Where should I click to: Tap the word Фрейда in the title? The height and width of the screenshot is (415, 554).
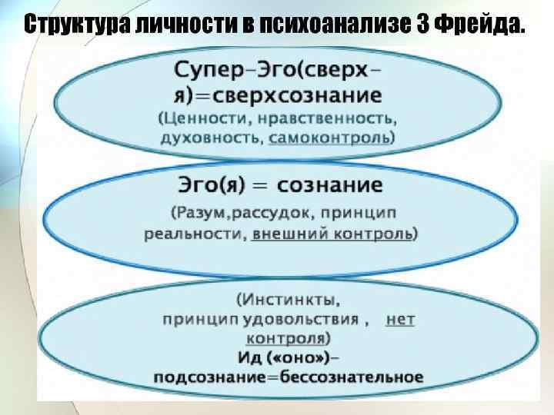pyautogui.click(x=477, y=25)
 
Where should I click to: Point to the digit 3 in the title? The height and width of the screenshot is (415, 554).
pyautogui.click(x=422, y=25)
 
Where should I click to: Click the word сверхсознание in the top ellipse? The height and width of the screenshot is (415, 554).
pyautogui.click(x=307, y=96)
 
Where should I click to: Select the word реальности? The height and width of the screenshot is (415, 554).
pyautogui.click(x=194, y=234)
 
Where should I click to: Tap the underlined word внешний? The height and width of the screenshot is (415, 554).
pyautogui.click(x=290, y=234)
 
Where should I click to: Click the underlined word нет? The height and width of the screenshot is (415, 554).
pyautogui.click(x=399, y=318)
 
